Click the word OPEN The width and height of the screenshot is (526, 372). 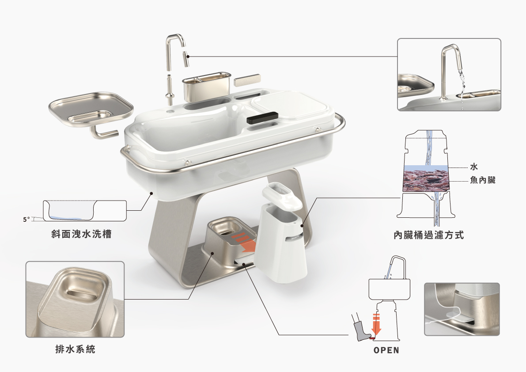coord(386,350)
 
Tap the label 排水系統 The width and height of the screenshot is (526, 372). coord(76,349)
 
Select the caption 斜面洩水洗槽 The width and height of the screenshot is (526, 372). coord(82,234)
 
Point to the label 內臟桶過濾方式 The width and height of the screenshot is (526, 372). coord(429,235)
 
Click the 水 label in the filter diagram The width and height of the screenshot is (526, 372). coord(474,167)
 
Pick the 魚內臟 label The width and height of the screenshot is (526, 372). coord(483,180)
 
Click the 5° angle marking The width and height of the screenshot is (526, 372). coord(26,220)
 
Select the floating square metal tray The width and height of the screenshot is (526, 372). coord(91,108)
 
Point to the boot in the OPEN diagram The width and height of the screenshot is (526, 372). coord(361,327)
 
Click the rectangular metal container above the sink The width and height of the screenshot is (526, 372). coord(206,86)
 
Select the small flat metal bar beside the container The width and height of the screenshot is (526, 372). coord(247,80)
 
